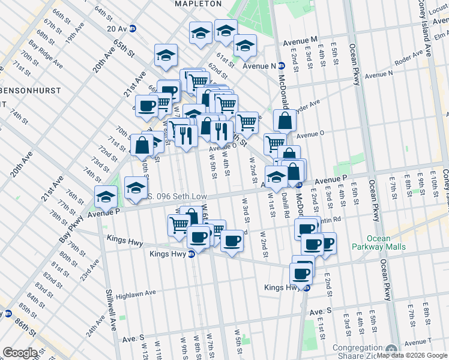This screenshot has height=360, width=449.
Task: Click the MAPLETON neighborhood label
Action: pyautogui.click(x=197, y=4)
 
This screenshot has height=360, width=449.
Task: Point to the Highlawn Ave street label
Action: pyautogui.click(x=136, y=294)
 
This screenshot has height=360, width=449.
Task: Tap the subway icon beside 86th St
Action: pyautogui.click(x=8, y=313)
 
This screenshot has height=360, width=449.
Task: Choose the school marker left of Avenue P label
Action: pyautogui.click(x=106, y=196)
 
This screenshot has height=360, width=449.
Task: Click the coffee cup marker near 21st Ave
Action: pyautogui.click(x=146, y=106)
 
